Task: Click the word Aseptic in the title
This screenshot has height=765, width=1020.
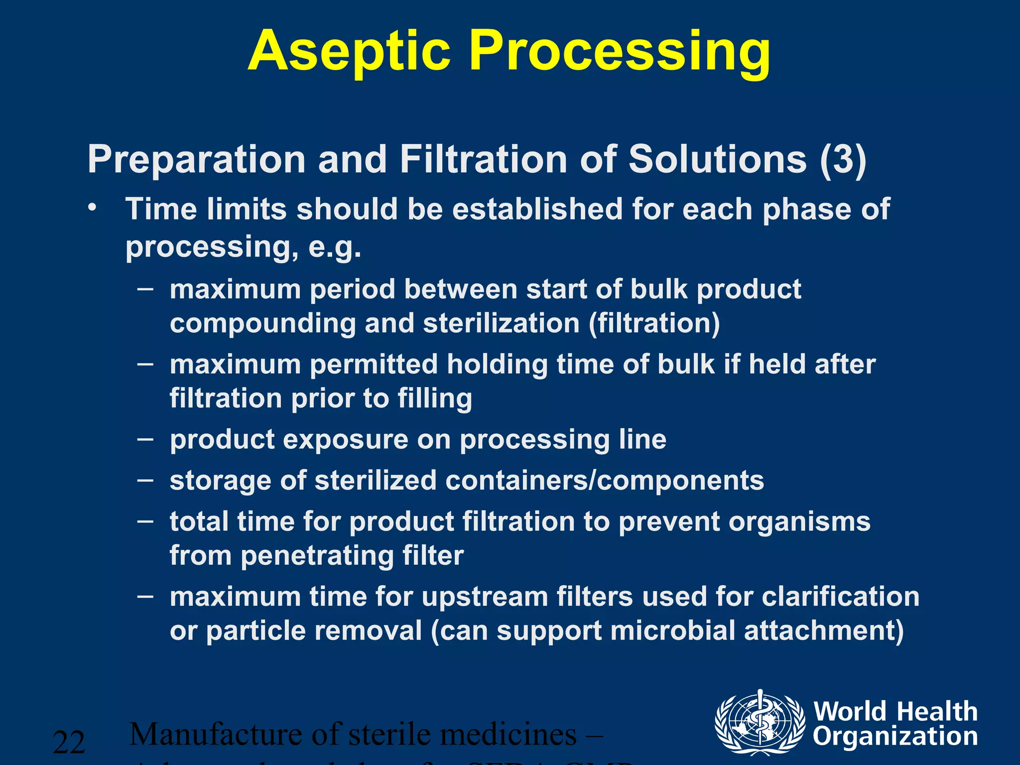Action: (x=349, y=52)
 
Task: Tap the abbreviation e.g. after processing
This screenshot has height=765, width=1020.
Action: (x=335, y=246)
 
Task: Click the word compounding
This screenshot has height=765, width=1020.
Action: (x=262, y=324)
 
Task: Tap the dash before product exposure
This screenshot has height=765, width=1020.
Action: (x=145, y=439)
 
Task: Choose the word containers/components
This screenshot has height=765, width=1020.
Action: (x=604, y=481)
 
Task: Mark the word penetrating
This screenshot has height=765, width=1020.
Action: (x=317, y=556)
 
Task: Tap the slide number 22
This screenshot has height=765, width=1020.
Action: (x=69, y=743)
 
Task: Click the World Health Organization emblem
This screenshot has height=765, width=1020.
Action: (x=759, y=723)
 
